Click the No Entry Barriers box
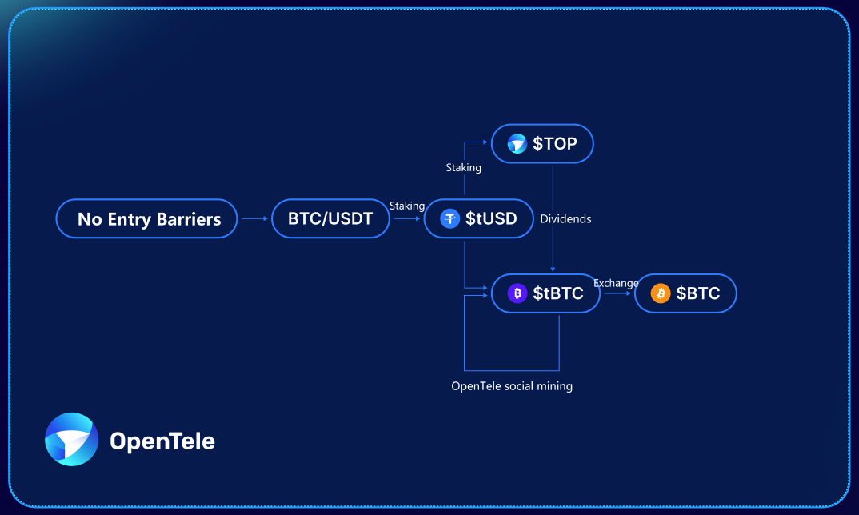point(147,218)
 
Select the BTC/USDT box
point(330,218)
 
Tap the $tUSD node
point(478,218)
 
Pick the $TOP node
point(542,144)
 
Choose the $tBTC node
point(545,293)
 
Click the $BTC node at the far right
point(685,293)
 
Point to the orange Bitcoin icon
point(661,293)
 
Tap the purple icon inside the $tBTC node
point(517,293)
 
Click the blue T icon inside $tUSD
point(450,218)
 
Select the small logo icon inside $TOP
point(517,144)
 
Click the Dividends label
point(565,218)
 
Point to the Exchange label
point(616,283)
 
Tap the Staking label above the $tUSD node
point(463,168)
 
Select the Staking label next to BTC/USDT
point(407,206)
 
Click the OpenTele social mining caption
point(512,386)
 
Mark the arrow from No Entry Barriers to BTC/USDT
point(254,218)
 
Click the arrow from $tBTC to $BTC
point(617,293)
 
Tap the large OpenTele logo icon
point(72,439)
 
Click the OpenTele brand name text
point(162,441)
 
